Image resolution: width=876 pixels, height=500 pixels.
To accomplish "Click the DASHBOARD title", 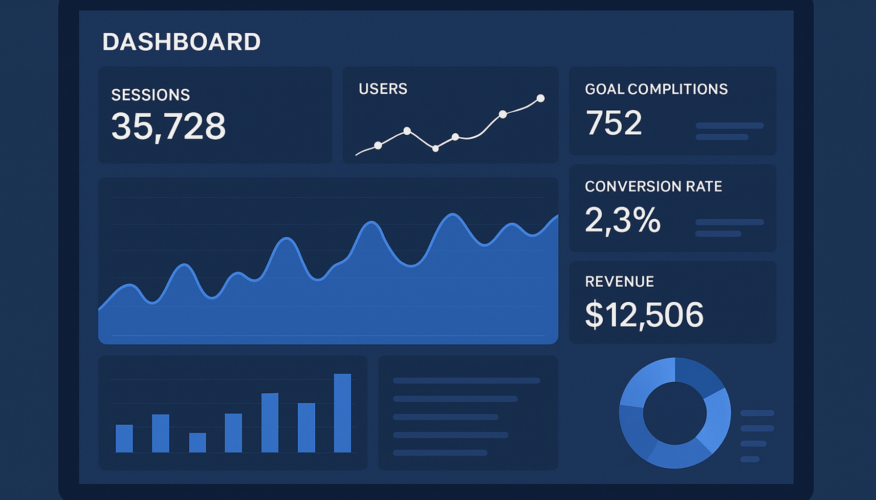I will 181,42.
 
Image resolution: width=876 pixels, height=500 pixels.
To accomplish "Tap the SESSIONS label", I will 151,95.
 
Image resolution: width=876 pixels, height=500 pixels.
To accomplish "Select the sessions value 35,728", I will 168,126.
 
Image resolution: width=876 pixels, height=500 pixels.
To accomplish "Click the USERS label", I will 383,89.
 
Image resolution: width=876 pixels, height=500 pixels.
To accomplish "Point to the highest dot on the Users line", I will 540,99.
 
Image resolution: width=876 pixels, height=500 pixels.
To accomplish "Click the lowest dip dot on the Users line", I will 435,148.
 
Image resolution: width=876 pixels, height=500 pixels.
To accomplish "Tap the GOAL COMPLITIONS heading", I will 656,89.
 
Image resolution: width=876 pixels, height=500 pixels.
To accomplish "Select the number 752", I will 613,123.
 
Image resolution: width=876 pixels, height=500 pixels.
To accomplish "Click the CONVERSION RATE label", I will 653,187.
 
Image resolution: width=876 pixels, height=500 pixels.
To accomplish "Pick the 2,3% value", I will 622,220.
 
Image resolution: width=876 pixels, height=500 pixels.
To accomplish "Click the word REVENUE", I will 619,282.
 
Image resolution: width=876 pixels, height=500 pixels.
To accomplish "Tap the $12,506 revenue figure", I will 644,315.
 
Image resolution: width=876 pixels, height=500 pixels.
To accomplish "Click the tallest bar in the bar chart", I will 342,413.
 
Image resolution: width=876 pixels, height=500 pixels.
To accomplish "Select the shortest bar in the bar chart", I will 197,442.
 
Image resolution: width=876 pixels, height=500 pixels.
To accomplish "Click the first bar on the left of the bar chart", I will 124,438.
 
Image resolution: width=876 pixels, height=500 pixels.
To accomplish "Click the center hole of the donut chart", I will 675,413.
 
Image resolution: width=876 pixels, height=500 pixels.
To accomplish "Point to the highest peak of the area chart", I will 453,214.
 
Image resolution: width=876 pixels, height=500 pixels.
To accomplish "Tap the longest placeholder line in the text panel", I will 466,381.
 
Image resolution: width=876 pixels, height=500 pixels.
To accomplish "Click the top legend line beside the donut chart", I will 757,413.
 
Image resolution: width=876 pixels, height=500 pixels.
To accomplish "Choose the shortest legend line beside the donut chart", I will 750,459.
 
